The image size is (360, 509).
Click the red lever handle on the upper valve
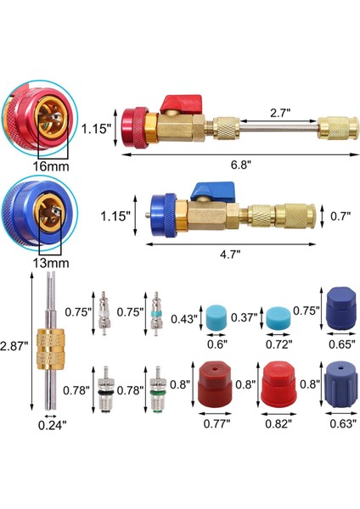tap(182, 103)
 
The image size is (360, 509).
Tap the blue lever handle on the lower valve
tap(212, 191)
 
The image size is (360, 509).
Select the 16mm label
tap(51, 166)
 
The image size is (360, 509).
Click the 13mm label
tap(51, 263)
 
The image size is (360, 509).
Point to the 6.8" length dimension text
tap(241, 165)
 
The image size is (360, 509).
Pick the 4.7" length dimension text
tap(230, 255)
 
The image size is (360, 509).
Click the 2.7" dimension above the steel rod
tap(280, 113)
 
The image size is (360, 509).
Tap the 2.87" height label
tap(13, 346)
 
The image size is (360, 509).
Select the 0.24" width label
tap(53, 425)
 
